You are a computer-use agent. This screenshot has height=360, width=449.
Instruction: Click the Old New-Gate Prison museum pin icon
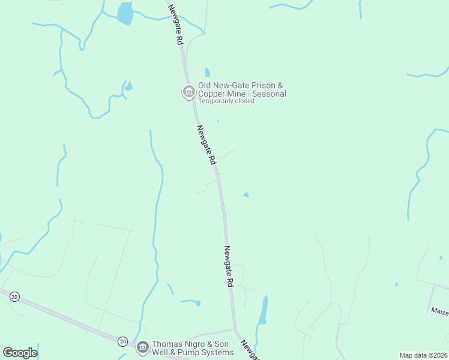coord(188,92)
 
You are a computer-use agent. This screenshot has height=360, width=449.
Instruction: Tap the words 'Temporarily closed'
coord(226,101)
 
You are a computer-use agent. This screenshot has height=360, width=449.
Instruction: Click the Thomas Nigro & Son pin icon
coord(142,347)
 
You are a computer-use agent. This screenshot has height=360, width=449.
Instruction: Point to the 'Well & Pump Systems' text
coord(192,352)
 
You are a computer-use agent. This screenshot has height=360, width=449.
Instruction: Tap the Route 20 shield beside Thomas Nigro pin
coord(122,341)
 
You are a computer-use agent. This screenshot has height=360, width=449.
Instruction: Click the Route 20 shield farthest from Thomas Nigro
coord(14,296)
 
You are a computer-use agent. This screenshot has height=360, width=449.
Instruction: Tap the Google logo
coord(20,353)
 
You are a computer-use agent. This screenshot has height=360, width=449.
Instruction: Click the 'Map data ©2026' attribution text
coord(424,355)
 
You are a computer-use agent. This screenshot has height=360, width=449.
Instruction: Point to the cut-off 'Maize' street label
coord(439,311)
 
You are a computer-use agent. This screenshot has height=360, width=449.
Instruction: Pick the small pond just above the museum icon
coord(207,72)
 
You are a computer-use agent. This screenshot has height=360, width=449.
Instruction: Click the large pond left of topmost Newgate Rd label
coord(125,13)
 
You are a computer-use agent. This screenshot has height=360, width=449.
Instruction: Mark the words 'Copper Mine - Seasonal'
coord(242,94)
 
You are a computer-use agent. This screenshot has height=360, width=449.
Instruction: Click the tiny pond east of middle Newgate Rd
coord(246,194)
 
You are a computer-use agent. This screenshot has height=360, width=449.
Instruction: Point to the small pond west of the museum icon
coord(128,86)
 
